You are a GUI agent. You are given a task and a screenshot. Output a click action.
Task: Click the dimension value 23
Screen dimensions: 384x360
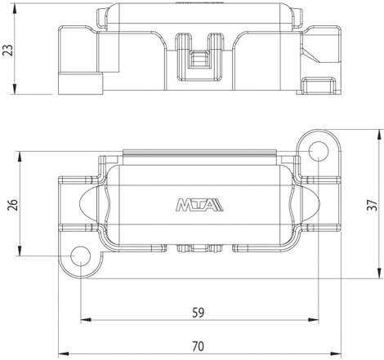click(8, 50)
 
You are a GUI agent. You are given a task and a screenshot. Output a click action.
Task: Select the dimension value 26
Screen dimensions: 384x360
click(13, 205)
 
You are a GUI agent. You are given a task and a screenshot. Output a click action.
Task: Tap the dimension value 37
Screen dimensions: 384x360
click(373, 205)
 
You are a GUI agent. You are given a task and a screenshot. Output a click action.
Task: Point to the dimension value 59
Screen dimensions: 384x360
click(198, 313)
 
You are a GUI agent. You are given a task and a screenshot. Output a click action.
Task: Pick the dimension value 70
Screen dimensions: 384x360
click(198, 346)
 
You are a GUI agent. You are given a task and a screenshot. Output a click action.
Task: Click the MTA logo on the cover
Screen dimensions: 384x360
click(199, 205)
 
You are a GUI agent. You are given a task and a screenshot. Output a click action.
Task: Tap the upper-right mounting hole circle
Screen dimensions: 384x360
click(319, 151)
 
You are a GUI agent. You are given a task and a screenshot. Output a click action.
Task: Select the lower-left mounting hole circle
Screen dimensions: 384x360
click(80, 256)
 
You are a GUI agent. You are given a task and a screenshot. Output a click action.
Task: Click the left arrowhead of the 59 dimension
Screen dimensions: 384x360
click(86, 320)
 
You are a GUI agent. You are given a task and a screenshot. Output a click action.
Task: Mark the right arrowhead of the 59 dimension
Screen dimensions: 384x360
click(314, 320)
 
